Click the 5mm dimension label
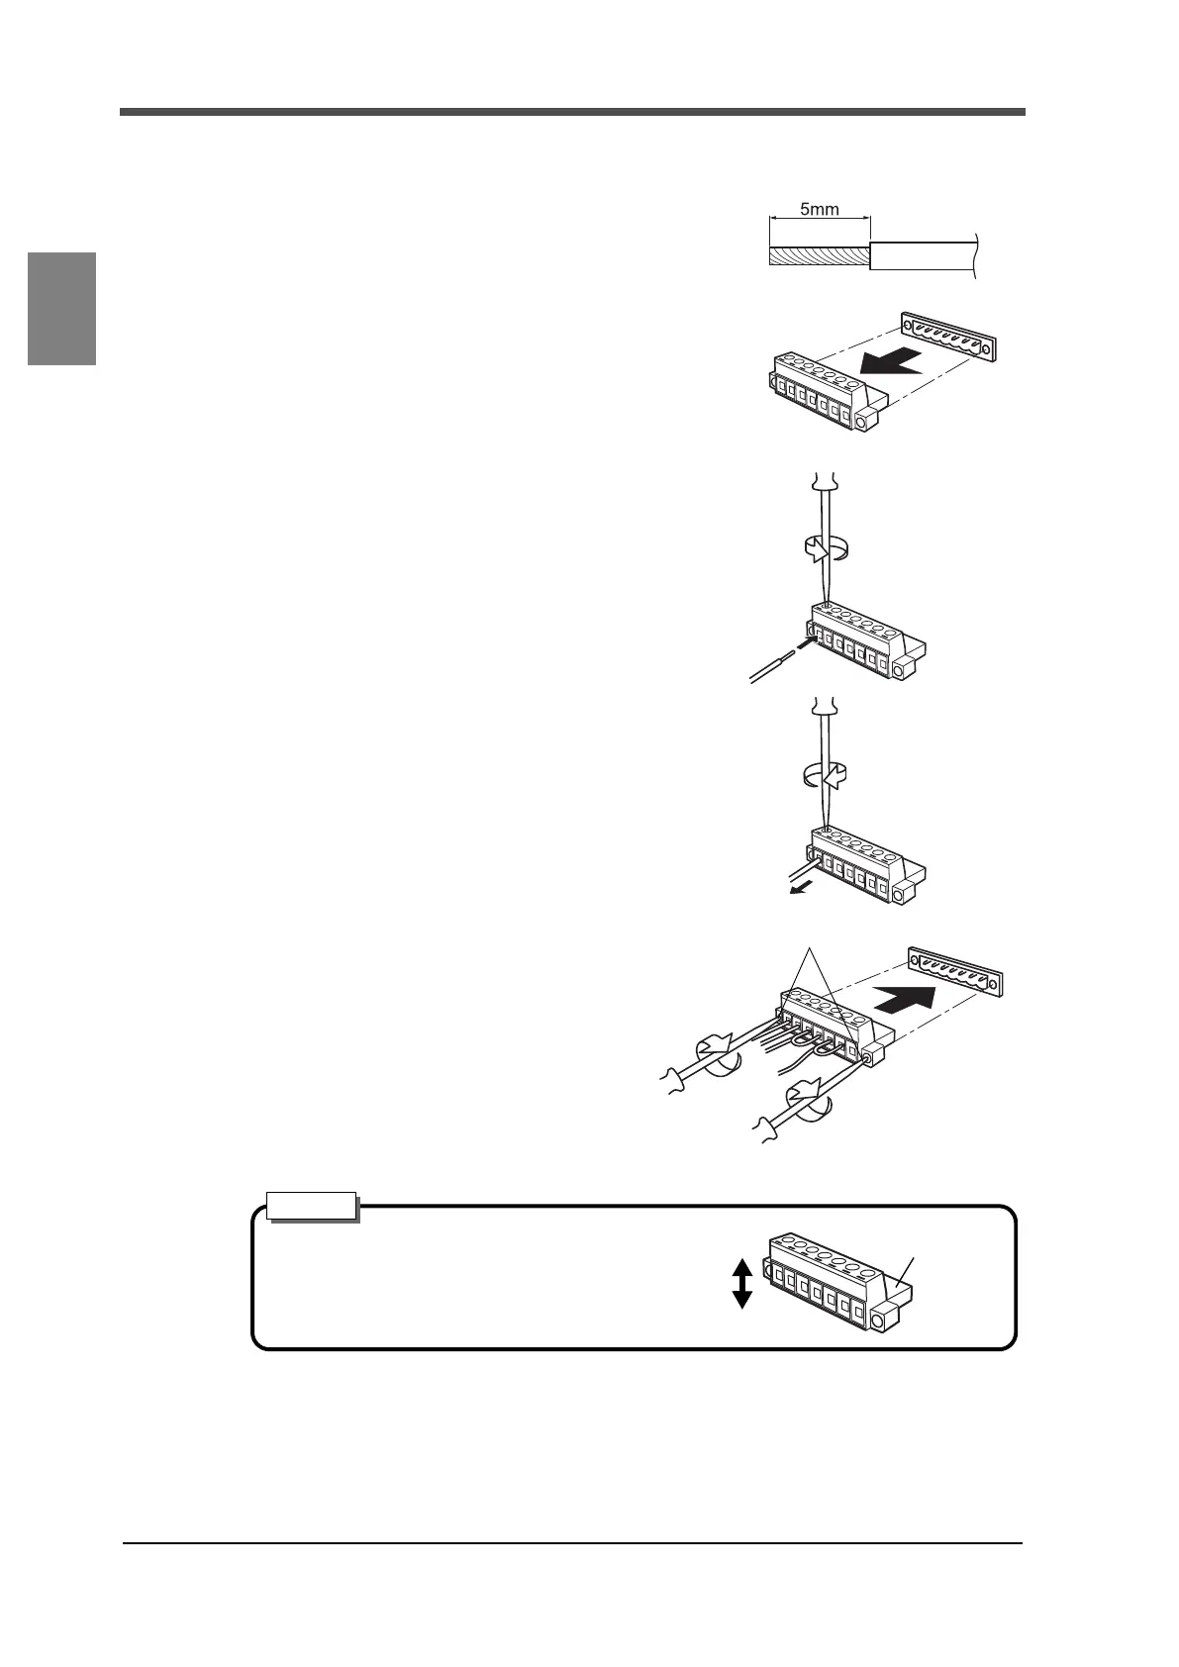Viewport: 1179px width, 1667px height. pyautogui.click(x=819, y=210)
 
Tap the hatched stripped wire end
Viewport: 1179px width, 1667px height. pyautogui.click(x=819, y=256)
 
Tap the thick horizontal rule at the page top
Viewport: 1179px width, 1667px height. pyautogui.click(x=572, y=112)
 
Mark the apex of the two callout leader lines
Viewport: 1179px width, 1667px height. pyautogui.click(x=812, y=949)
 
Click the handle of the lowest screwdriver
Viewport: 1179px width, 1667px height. pyautogui.click(x=768, y=1128)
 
